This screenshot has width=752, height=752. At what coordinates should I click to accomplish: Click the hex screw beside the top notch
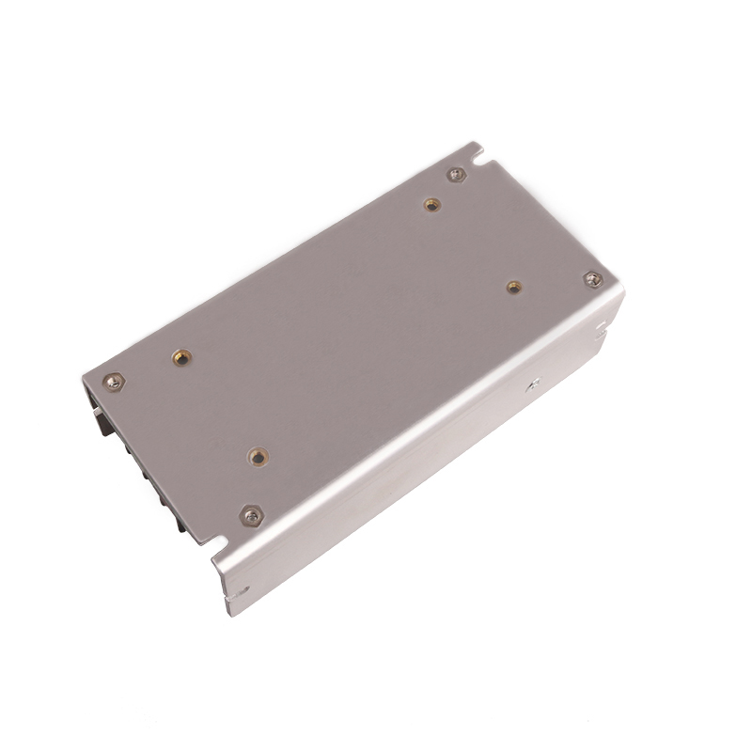(456, 174)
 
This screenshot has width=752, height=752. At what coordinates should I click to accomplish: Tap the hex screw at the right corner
(592, 279)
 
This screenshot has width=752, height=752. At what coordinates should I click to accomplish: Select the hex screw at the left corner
(114, 381)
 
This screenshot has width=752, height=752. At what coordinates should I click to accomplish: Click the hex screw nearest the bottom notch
(251, 515)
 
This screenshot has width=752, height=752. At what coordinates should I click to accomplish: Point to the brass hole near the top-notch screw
(431, 204)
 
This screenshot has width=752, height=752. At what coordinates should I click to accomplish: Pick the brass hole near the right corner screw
(513, 287)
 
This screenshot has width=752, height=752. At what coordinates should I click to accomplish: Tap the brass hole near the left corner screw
(180, 356)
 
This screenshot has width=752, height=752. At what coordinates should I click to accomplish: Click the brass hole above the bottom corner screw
(257, 457)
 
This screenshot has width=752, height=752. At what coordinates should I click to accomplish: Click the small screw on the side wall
(533, 383)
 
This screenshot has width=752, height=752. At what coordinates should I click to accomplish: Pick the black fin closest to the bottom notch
(179, 519)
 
